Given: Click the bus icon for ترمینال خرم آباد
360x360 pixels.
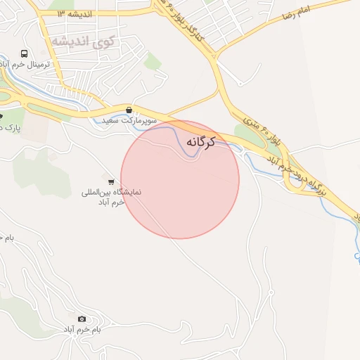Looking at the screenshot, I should coord(25,54).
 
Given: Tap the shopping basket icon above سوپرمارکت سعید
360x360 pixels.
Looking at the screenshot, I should coord(129,110).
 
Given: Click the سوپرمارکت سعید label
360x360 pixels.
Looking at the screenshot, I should coord(129,121).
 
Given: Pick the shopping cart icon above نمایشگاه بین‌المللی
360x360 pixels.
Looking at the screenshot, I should coord(111,181).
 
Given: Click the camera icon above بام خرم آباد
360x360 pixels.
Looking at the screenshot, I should coord(82,319).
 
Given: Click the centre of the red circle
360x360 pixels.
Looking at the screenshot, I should coord(180,179).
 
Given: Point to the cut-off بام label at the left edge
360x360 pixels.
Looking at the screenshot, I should coord(6,238).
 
